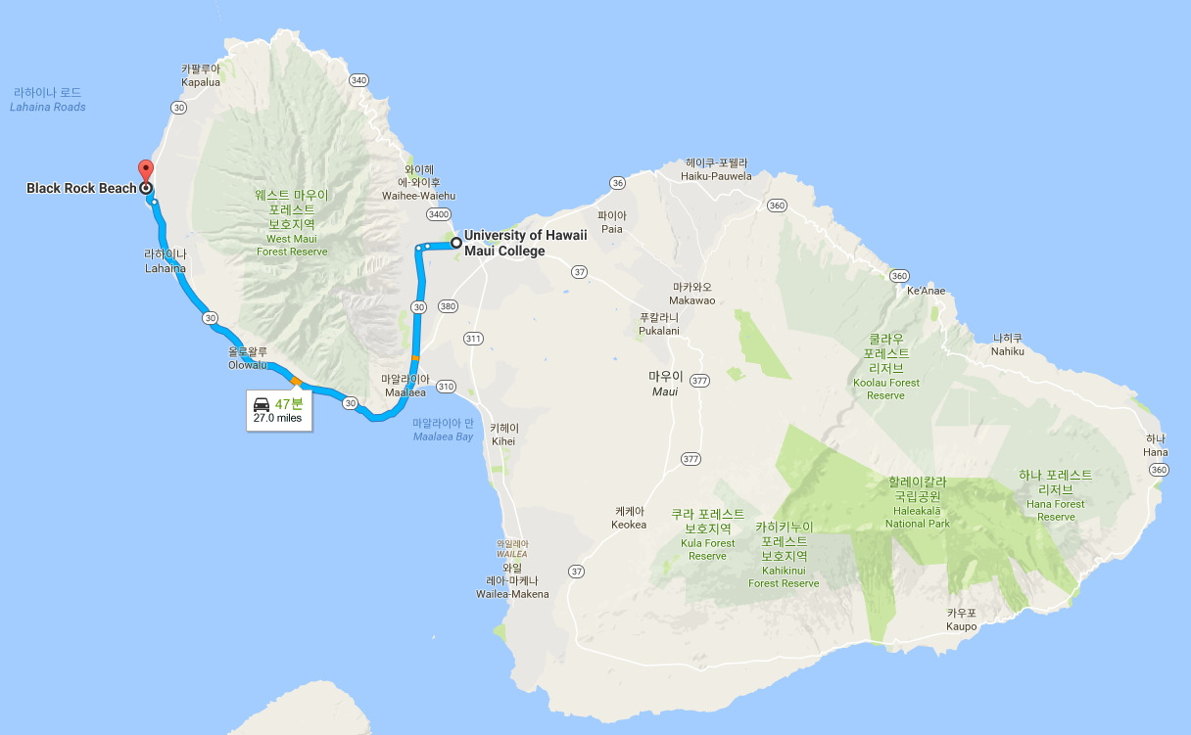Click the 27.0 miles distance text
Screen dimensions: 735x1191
point(278,418)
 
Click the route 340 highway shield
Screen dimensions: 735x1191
point(358,80)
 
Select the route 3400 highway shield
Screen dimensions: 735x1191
point(438,213)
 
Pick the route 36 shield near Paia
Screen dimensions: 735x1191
point(616,183)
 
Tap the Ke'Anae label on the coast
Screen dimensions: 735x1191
point(926,291)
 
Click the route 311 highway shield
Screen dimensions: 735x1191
point(474,339)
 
